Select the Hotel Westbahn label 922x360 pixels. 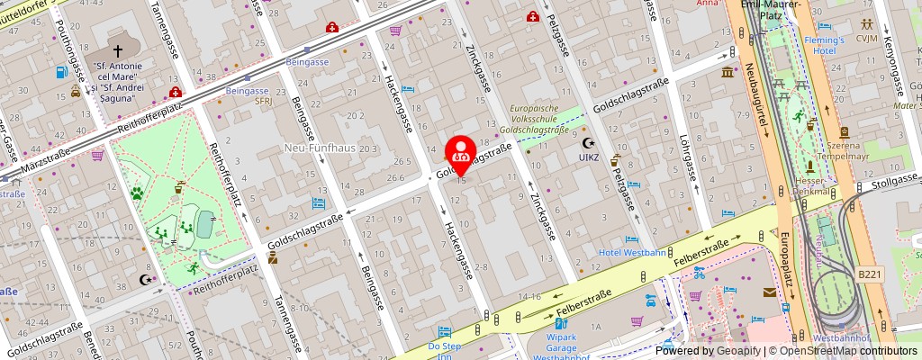coord(633,252)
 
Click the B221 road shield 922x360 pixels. coord(870,273)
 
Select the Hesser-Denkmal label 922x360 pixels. coord(812,186)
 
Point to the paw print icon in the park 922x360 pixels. coord(138,192)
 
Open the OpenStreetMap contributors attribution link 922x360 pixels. coord(837,351)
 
